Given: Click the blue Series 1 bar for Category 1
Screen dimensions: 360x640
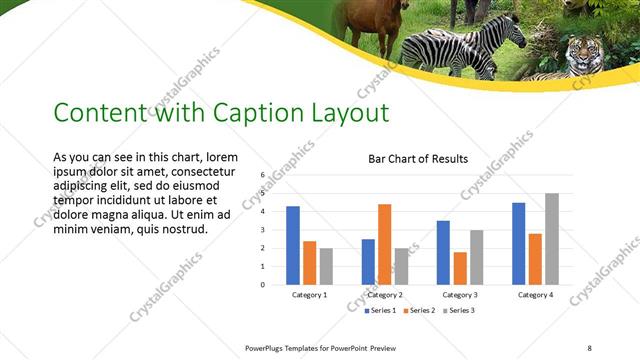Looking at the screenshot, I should [x=293, y=245].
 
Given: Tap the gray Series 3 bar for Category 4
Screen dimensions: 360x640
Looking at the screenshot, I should [x=551, y=239].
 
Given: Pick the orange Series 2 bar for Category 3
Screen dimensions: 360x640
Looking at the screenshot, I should [x=459, y=268].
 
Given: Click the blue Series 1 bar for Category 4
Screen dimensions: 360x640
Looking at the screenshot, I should [x=518, y=243].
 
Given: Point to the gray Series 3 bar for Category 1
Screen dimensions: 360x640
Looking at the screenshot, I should [x=326, y=266].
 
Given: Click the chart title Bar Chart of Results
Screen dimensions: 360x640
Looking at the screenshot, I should [x=418, y=158].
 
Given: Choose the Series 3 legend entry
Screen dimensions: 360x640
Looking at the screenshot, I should [x=459, y=311].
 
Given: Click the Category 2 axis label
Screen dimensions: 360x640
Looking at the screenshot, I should [x=384, y=295].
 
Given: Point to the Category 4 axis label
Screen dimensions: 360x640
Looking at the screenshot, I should [x=534, y=295].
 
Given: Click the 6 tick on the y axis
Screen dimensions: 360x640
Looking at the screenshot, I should [x=262, y=175].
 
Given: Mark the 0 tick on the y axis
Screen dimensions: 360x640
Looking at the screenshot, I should [x=262, y=285].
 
